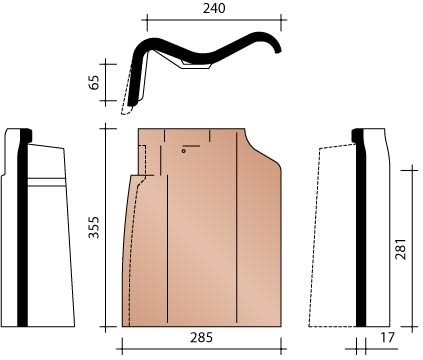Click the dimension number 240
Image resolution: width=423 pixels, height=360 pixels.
click(x=214, y=9)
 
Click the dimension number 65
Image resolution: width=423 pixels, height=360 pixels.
click(x=94, y=82)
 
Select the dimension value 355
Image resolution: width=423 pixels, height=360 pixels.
click(x=94, y=227)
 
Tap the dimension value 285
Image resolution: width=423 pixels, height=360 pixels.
click(x=201, y=338)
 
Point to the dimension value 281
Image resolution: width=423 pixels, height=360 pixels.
click(x=400, y=249)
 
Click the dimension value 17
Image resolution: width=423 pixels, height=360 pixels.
click(x=387, y=338)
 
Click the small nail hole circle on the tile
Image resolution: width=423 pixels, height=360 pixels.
click(x=184, y=151)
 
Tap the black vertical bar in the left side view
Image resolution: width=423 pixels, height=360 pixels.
click(x=22, y=227)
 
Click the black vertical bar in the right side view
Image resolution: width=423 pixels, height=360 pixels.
click(x=361, y=227)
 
